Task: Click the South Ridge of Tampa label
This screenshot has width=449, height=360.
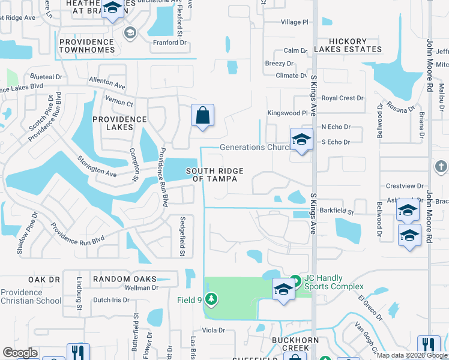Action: (x=214, y=175)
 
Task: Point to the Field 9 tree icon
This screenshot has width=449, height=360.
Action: (x=211, y=298)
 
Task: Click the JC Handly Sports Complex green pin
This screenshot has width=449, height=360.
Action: (x=295, y=280)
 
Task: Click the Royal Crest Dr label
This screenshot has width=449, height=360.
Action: (x=343, y=98)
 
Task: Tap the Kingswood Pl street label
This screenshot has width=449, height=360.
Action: (x=287, y=113)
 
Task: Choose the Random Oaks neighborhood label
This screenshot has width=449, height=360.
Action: (x=124, y=279)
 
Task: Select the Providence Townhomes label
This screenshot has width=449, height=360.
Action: (x=87, y=46)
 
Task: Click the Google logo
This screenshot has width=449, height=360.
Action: (x=20, y=353)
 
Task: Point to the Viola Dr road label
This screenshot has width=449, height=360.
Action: (x=213, y=330)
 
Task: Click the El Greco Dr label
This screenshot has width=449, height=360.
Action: (x=370, y=305)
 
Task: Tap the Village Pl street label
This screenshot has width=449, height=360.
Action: (x=294, y=22)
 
